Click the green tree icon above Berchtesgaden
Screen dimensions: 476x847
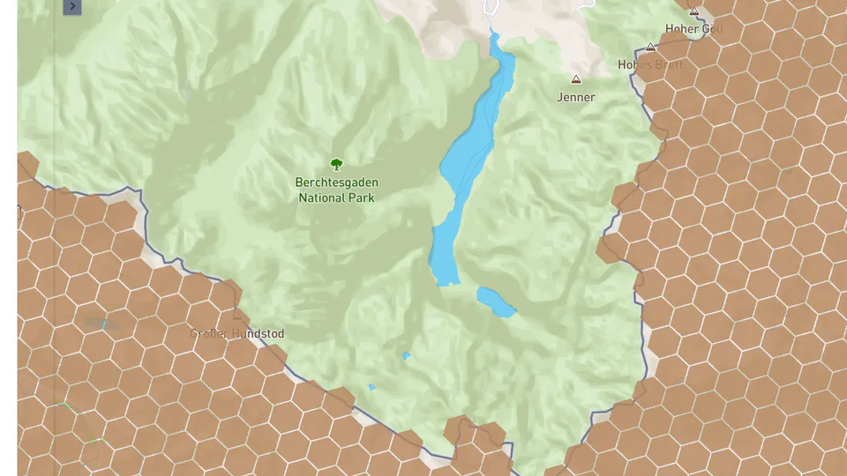[336, 163]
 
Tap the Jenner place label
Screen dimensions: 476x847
[576, 97]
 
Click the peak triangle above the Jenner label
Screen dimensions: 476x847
[577, 78]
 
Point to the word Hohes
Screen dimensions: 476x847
[634, 64]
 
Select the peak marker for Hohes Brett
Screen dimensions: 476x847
[651, 47]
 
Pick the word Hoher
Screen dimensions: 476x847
[682, 28]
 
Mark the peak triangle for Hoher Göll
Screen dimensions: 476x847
[694, 11]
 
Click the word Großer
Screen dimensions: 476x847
[209, 334]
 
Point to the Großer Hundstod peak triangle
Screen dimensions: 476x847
[236, 315]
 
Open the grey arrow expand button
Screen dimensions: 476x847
[72, 7]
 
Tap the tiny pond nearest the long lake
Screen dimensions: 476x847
[406, 356]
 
